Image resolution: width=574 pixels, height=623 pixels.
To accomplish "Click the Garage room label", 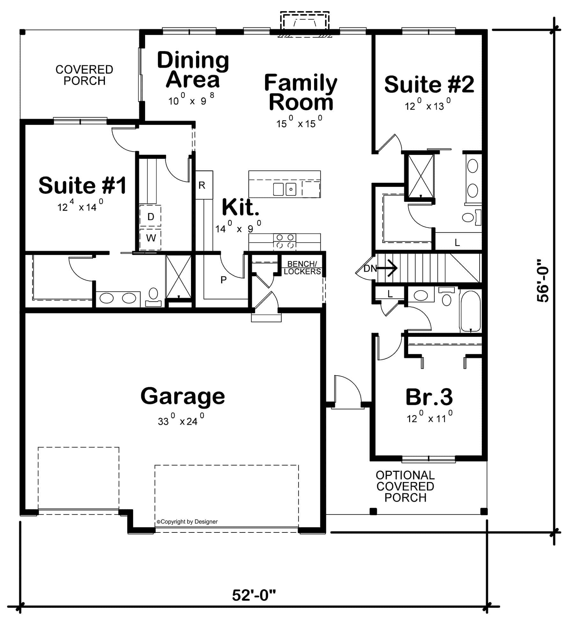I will [183, 396].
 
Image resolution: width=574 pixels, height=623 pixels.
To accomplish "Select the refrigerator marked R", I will [204, 185].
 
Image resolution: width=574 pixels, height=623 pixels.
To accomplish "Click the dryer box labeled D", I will [151, 217].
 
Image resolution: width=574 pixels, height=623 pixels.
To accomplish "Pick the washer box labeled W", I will [151, 238].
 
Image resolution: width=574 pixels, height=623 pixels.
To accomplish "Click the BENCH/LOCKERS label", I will [302, 268].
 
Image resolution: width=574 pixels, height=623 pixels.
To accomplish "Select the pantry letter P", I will [224, 280].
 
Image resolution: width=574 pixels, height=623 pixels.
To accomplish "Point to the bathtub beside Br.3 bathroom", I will [470, 311].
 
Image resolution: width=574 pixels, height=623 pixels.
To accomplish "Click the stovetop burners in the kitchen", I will [285, 241].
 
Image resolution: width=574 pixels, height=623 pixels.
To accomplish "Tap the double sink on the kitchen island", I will [284, 189].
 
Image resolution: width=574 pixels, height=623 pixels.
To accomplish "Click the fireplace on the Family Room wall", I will [305, 24].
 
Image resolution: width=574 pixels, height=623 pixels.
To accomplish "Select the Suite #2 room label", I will [429, 84].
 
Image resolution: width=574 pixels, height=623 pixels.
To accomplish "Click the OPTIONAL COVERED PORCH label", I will [405, 486].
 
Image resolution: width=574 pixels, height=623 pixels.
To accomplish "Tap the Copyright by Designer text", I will [187, 522].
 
